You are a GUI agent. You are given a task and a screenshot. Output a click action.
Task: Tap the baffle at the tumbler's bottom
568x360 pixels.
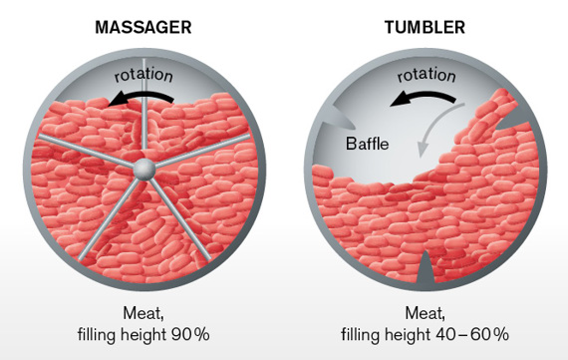[426, 267]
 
